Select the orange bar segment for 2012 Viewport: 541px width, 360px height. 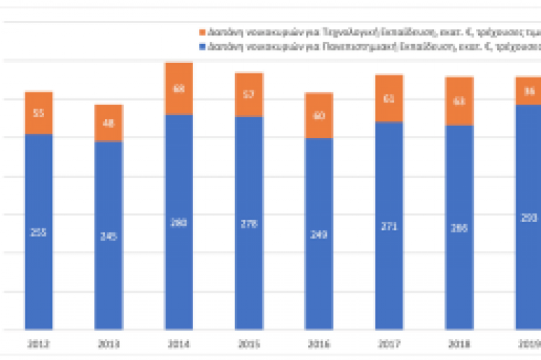point(38,113)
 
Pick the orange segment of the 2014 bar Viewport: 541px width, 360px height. point(179,89)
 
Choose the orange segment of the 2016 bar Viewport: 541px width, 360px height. point(318,116)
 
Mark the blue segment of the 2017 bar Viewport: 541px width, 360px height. point(388,225)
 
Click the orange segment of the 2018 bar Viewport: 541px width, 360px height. point(459,101)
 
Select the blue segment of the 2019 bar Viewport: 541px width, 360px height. point(527,216)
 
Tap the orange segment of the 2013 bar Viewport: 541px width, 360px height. point(108,123)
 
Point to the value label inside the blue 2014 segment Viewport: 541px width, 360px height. point(179,223)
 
